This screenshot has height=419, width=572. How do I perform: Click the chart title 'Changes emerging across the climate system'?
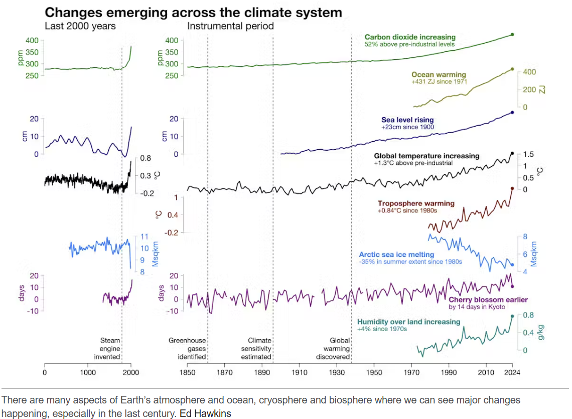[194, 12]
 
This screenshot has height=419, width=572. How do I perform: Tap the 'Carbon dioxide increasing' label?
[410, 37]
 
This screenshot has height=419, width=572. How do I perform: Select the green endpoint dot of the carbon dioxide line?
[512, 34]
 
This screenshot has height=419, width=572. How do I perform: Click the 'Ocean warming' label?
[439, 75]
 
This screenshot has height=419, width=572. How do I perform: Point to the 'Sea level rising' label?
[407, 120]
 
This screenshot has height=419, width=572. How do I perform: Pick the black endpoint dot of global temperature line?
[512, 153]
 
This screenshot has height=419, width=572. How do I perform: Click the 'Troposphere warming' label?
[416, 204]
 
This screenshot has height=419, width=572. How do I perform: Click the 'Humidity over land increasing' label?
[408, 322]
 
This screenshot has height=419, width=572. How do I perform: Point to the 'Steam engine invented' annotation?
[110, 349]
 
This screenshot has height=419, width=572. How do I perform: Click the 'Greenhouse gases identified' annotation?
[187, 349]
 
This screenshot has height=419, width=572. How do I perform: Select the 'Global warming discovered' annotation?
[333, 349]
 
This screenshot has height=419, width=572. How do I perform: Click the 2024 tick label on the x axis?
[512, 373]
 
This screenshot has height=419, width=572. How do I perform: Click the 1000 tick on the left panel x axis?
[88, 373]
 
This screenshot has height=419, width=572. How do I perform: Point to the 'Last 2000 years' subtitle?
[80, 26]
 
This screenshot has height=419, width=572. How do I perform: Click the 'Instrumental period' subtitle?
[230, 26]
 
